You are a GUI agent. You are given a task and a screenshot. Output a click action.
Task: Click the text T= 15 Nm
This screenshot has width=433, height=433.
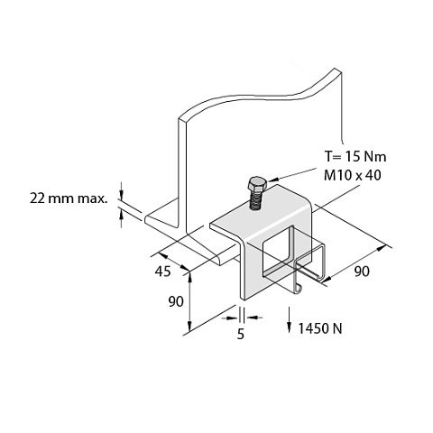point(355,156)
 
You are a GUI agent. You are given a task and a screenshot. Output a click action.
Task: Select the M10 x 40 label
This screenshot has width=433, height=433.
point(353,175)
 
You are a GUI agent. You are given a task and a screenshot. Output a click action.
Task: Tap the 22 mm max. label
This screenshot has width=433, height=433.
point(69,198)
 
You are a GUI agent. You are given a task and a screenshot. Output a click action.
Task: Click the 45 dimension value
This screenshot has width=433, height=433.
point(162,272)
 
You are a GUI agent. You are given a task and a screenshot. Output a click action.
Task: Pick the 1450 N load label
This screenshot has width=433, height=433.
point(320,328)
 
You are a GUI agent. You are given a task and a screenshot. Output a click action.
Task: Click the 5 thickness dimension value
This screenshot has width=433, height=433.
point(241,334)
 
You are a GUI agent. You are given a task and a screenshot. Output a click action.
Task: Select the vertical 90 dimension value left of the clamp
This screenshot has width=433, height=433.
point(176,301)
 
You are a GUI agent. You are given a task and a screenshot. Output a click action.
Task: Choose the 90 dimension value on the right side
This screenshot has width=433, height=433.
point(362,272)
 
